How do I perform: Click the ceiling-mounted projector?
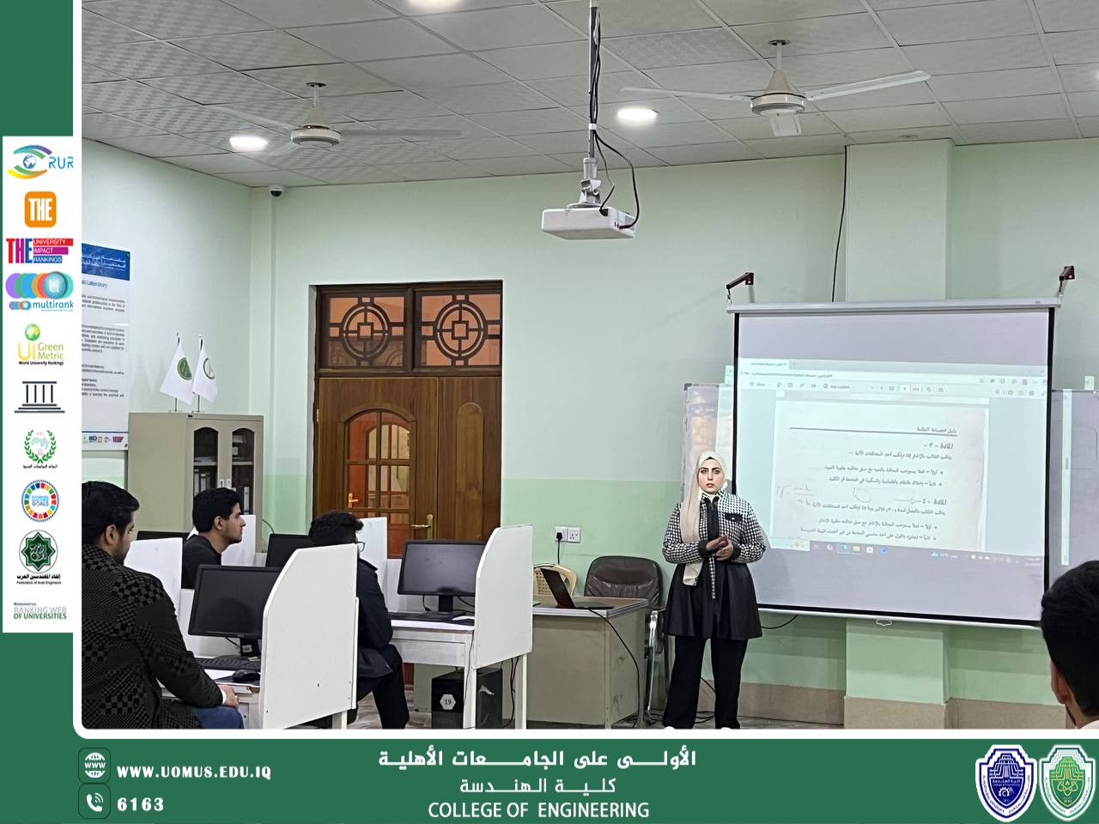(x=588, y=221)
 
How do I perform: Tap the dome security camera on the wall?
(x=276, y=191)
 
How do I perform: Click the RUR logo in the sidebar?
(x=39, y=162)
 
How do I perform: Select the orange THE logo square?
(x=40, y=209)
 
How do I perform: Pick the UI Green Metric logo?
(x=40, y=343)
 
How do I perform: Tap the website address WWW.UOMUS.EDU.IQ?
(x=194, y=772)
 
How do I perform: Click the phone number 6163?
(x=140, y=804)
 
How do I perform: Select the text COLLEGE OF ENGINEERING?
(x=538, y=809)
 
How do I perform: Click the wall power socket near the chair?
(x=568, y=535)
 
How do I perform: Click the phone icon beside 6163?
(x=94, y=803)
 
